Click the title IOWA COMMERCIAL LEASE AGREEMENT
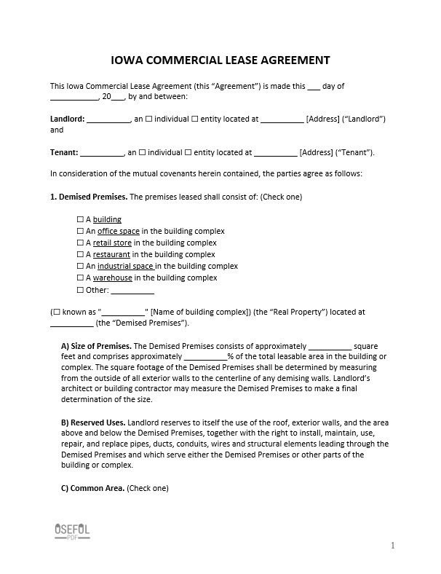pyautogui.click(x=220, y=60)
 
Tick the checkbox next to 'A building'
pyautogui.click(x=80, y=219)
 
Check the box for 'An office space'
pyautogui.click(x=80, y=231)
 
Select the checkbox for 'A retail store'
pyautogui.click(x=80, y=243)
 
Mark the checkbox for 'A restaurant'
pyautogui.click(x=80, y=254)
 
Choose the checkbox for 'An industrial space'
pyautogui.click(x=80, y=266)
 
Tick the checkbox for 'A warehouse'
pyautogui.click(x=80, y=278)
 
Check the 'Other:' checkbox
pyautogui.click(x=80, y=289)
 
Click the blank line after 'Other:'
pyautogui.click(x=132, y=290)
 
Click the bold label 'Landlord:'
pyautogui.click(x=67, y=118)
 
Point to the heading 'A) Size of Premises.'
pyautogui.click(x=95, y=345)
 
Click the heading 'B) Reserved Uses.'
pyautogui.click(x=93, y=422)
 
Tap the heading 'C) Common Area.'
pyautogui.click(x=92, y=488)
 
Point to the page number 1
pyautogui.click(x=392, y=545)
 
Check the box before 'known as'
pyautogui.click(x=57, y=312)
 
